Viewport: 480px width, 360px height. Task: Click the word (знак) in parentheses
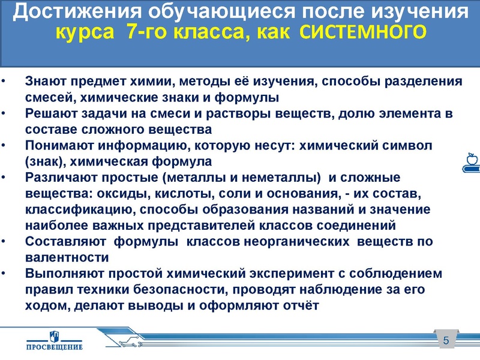coord(45,161)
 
